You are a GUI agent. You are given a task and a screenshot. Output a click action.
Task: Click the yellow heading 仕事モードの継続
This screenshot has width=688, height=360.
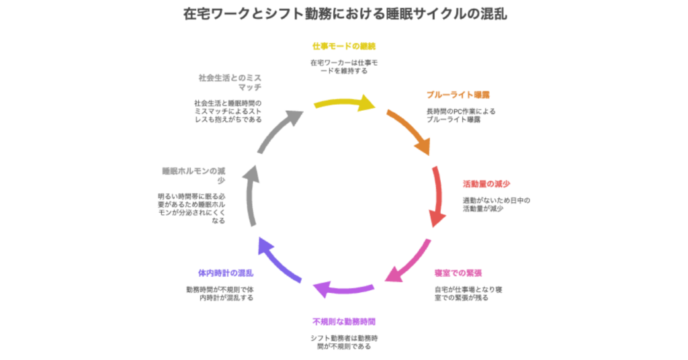click(x=343, y=46)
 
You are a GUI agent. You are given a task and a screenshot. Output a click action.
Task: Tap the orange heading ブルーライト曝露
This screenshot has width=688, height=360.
click(x=458, y=95)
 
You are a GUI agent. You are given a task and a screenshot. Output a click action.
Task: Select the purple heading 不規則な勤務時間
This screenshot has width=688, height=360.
click(x=343, y=320)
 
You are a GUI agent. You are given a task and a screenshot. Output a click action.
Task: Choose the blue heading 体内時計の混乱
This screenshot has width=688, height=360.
click(x=226, y=273)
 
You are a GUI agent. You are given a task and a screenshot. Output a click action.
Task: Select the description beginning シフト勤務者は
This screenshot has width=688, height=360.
click(x=343, y=343)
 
